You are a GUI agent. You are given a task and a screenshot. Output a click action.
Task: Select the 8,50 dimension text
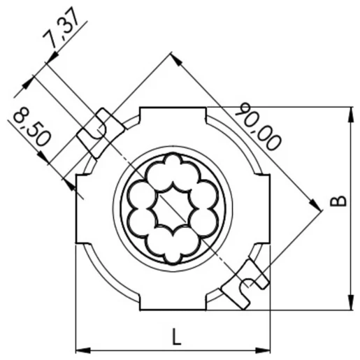click(32, 127)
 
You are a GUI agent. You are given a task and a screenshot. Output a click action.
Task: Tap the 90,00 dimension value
click(258, 127)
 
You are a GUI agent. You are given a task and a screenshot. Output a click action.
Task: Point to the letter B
click(338, 203)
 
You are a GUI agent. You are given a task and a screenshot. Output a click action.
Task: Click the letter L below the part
click(175, 337)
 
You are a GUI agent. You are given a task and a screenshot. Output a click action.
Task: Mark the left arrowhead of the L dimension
click(81, 349)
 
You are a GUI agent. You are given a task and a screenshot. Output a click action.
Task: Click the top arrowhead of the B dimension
click(348, 112)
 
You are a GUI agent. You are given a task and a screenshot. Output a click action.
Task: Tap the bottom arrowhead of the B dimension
click(348, 304)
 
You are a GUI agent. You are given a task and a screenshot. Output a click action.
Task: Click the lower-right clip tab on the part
click(245, 284)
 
